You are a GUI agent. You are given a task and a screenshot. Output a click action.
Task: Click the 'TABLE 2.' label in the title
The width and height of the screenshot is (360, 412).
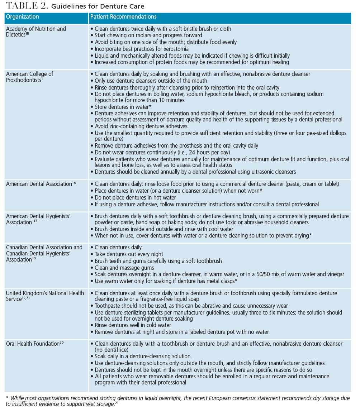point(25,6)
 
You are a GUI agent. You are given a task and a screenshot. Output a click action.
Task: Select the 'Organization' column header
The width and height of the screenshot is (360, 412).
point(22,17)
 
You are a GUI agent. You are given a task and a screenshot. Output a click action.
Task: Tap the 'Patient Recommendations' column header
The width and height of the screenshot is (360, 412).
point(123,17)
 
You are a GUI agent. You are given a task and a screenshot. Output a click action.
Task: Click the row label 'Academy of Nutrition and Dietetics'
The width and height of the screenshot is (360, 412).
point(36,32)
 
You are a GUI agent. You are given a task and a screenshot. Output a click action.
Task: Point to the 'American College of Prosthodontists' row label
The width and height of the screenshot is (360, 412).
point(29,77)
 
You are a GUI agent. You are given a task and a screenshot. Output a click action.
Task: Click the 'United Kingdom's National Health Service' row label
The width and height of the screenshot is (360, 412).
point(45,296)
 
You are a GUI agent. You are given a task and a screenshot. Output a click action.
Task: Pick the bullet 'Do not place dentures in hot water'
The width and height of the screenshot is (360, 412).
point(135,197)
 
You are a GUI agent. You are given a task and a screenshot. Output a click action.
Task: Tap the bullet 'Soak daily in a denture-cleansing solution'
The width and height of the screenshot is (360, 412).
point(142,356)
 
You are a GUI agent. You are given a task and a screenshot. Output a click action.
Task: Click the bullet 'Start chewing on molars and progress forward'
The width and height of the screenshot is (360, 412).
point(148,35)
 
